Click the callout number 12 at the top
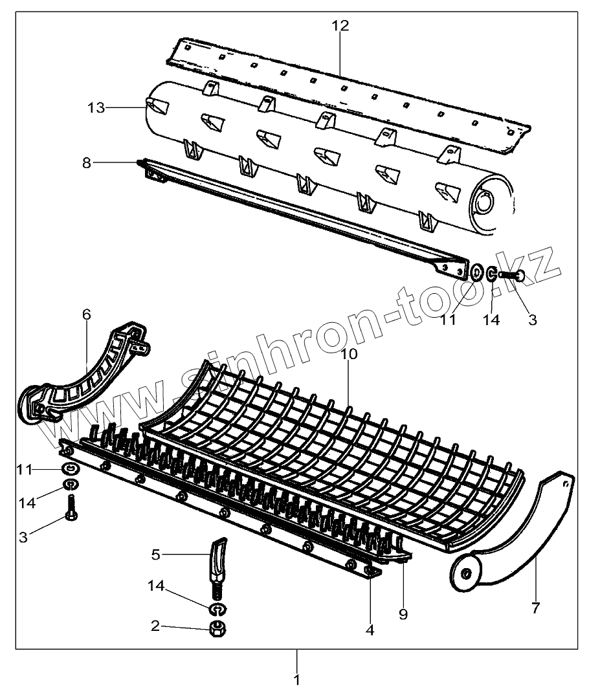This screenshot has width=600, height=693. tap(340, 26)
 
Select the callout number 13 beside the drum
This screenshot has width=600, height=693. tap(96, 107)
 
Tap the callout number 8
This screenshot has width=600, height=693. tap(87, 162)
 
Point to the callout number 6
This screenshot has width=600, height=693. tap(86, 314)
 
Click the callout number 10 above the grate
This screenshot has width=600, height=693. tap(350, 354)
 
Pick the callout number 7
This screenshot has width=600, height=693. tap(535, 608)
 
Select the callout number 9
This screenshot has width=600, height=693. tap(403, 614)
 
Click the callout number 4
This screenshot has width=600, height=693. tap(370, 628)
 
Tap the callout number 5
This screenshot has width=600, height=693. tap(155, 555)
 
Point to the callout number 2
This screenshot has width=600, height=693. tap(155, 626)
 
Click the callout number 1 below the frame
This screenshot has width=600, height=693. tap(297, 680)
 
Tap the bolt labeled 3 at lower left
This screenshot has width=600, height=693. tap(71, 508)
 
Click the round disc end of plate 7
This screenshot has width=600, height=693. tap(465, 572)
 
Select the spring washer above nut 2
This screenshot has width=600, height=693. tap(217, 608)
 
